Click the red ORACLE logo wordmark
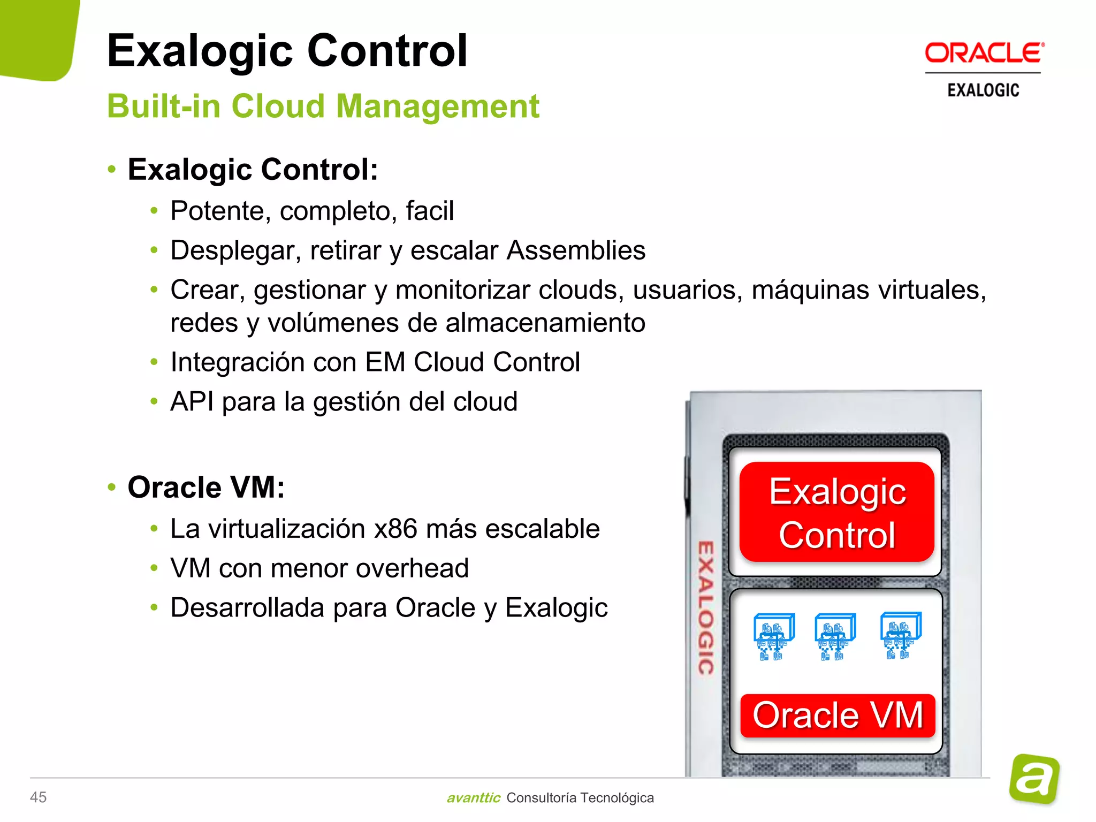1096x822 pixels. (984, 54)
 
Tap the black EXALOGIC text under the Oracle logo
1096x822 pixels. (983, 90)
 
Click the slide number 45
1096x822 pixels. (38, 797)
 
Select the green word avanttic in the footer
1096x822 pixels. (473, 797)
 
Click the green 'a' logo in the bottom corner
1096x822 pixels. (1034, 779)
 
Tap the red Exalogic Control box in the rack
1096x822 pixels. (836, 512)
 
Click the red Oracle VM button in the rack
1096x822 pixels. (838, 715)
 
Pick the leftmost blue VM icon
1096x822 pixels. (773, 636)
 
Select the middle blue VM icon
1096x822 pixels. (834, 636)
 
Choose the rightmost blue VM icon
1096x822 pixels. (900, 635)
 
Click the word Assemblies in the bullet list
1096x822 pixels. (576, 250)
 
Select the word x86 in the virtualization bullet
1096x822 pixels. (395, 529)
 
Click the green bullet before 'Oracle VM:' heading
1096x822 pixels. (112, 488)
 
